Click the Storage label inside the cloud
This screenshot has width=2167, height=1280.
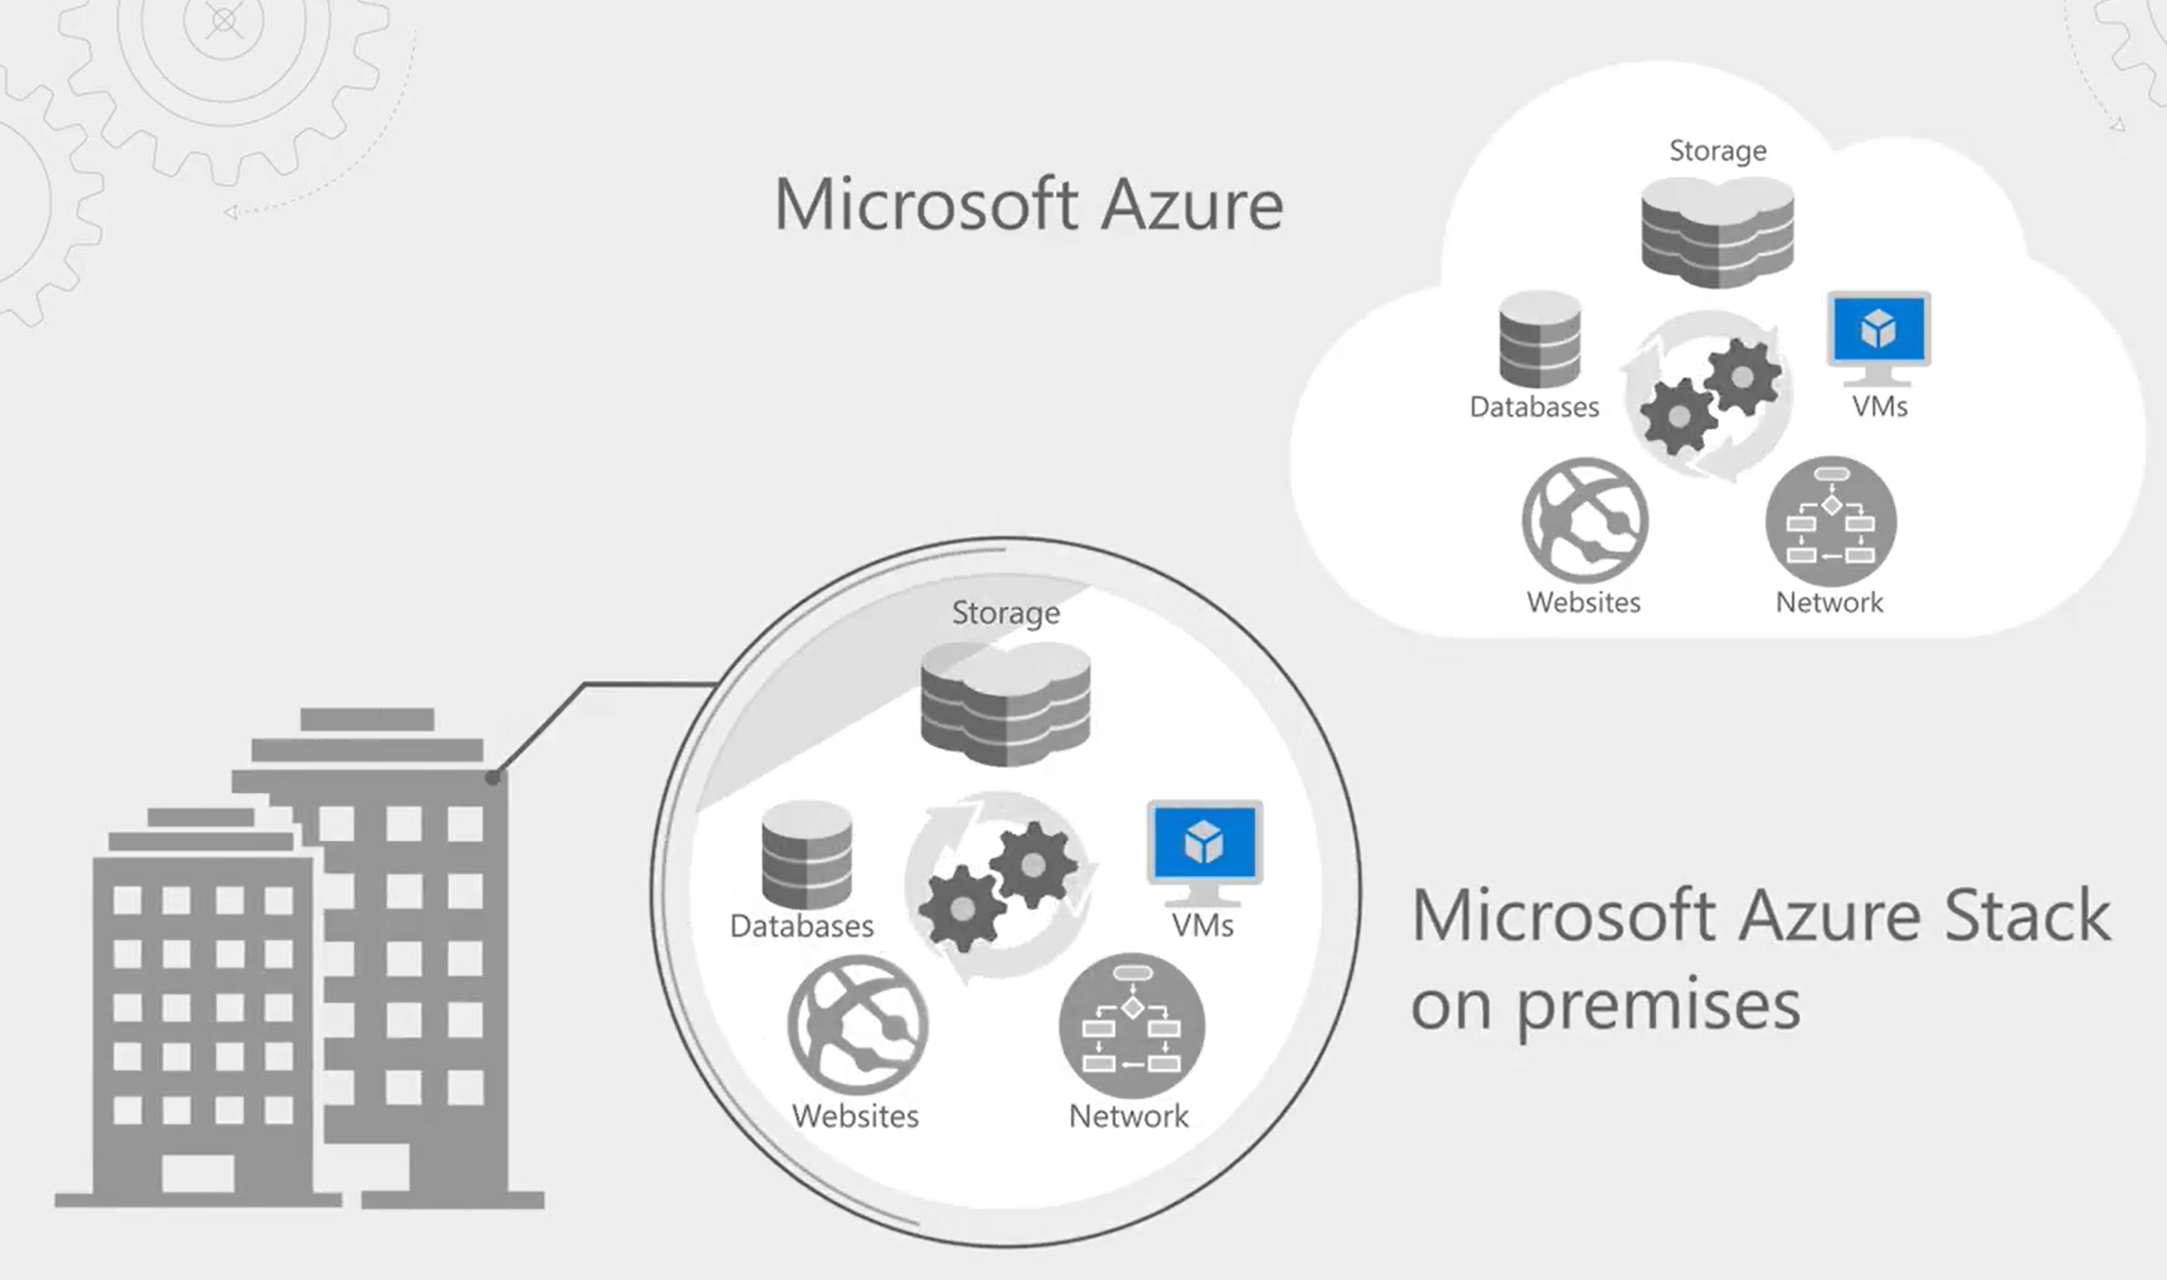(x=1718, y=151)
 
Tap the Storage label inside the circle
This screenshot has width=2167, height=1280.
(x=1006, y=612)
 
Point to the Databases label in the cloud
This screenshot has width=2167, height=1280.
(x=1534, y=406)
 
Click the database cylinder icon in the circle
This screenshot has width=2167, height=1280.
(x=806, y=854)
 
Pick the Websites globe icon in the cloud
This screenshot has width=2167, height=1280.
(x=1585, y=520)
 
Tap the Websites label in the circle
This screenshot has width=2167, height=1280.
(x=855, y=1116)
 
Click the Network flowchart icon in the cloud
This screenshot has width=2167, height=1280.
(x=1831, y=521)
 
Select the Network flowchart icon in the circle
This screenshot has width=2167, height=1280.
(x=1131, y=1025)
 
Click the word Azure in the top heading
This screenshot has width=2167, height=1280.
(x=1192, y=206)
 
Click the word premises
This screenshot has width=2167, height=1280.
(x=1659, y=1005)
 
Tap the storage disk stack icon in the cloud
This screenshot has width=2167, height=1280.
(x=1718, y=231)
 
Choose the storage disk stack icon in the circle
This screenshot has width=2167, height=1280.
(x=1006, y=703)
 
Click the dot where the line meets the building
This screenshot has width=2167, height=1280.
(x=492, y=777)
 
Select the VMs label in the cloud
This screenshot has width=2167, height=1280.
(x=1880, y=406)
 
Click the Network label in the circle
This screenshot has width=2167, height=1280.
(x=1129, y=1116)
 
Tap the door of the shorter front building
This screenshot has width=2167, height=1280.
(x=198, y=1173)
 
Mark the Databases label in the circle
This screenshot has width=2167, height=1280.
(x=801, y=926)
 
